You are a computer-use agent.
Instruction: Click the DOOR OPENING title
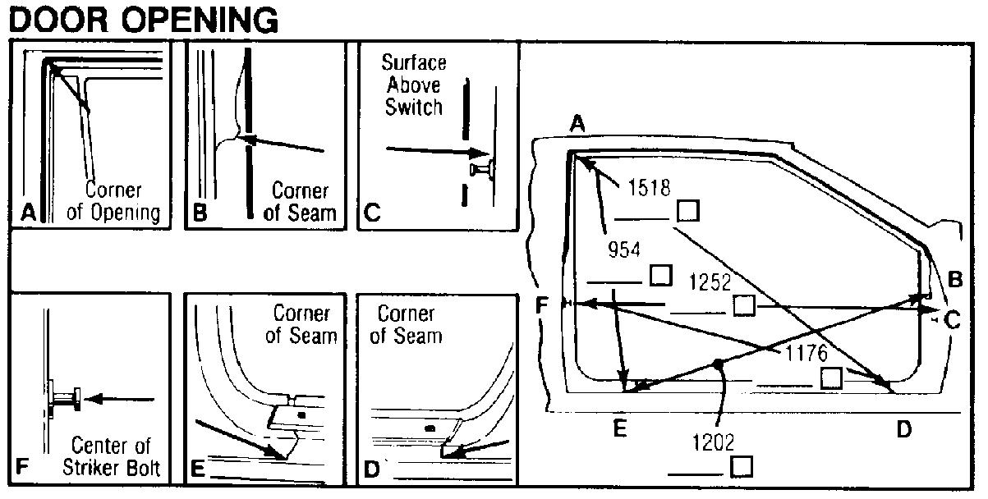click(144, 21)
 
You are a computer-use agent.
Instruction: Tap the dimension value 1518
click(649, 188)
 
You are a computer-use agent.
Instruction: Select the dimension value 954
click(623, 250)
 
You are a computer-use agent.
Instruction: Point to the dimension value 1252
click(710, 282)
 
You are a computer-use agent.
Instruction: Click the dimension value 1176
click(806, 353)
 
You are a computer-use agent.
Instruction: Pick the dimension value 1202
click(713, 442)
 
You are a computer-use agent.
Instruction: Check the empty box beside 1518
click(688, 211)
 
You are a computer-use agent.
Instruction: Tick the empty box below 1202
click(741, 467)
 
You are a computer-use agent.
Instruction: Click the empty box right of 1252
click(744, 305)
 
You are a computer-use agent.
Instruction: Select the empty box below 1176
click(831, 378)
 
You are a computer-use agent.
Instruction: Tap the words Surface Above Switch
click(414, 85)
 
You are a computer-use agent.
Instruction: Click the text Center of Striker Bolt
click(111, 456)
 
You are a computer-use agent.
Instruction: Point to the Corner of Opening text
click(113, 201)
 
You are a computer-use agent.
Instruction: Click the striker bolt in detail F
click(65, 400)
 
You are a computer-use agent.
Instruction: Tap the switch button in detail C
click(481, 170)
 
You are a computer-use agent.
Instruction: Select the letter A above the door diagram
click(577, 124)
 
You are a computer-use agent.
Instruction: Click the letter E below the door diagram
click(620, 428)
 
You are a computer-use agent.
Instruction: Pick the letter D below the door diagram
click(903, 429)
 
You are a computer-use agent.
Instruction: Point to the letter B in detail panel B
click(200, 213)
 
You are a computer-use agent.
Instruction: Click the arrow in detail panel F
click(119, 400)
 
